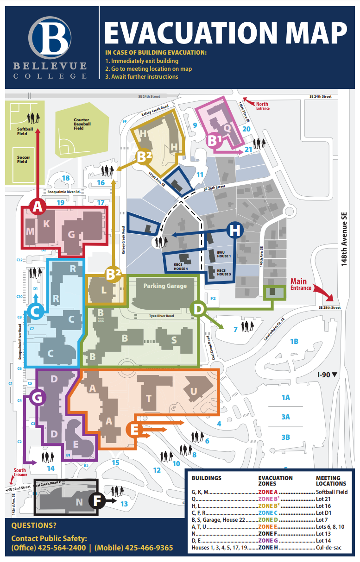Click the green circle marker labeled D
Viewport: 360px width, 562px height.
(198, 308)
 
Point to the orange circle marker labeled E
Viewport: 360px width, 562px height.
(135, 430)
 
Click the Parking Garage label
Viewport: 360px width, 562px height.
(165, 286)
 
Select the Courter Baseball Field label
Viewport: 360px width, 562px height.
(82, 124)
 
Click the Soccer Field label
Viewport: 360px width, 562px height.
(23, 159)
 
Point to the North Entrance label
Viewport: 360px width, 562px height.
(262, 106)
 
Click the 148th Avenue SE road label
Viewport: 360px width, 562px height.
(344, 239)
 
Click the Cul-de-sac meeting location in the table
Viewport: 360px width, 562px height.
(331, 548)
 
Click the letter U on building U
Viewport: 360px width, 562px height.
(194, 392)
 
